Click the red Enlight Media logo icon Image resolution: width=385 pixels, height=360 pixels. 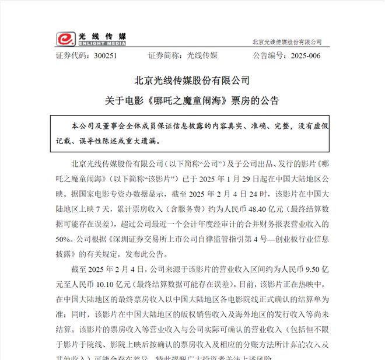[65, 39]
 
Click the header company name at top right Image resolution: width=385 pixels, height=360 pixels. [287, 42]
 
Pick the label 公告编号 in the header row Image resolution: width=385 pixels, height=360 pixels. [271, 56]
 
